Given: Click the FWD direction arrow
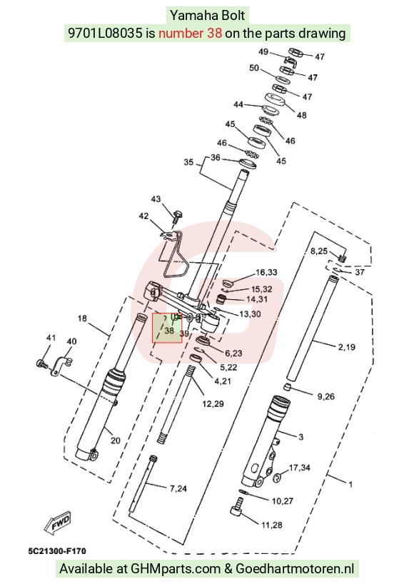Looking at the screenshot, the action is (x=57, y=521).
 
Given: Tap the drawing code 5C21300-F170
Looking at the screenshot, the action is (x=57, y=551).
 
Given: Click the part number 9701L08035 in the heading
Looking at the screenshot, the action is (x=105, y=34).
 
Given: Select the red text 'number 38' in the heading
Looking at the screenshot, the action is (x=191, y=34).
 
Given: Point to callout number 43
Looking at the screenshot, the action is (x=156, y=199).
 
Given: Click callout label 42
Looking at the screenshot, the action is (x=143, y=216).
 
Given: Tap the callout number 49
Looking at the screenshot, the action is (x=263, y=51).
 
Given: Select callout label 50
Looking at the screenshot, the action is (x=254, y=68).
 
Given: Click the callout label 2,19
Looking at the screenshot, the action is (x=347, y=347).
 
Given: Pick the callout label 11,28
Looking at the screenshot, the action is (x=272, y=525).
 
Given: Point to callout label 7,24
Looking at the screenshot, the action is (x=178, y=488).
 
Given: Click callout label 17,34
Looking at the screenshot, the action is (x=299, y=468).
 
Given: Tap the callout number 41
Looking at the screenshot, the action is (x=51, y=338).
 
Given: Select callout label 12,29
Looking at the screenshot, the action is (x=213, y=404).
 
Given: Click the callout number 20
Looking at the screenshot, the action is (x=116, y=440).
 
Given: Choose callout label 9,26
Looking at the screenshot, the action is (x=325, y=396).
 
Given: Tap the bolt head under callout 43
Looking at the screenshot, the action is (x=178, y=215).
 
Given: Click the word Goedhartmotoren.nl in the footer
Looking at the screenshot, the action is (x=295, y=569).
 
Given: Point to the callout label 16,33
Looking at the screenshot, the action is (x=266, y=272).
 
